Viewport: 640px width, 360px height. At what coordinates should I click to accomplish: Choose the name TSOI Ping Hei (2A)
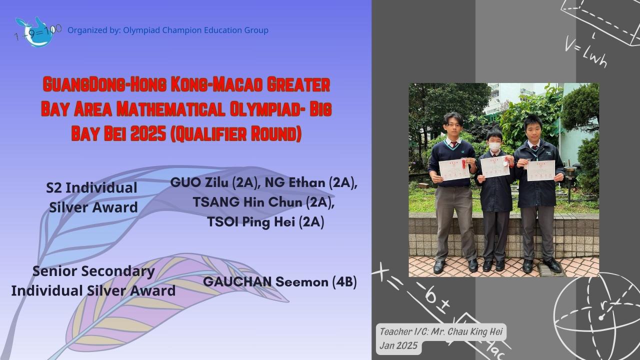pyautogui.click(x=265, y=222)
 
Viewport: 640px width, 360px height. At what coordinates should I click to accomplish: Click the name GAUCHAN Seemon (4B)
pyautogui.click(x=279, y=281)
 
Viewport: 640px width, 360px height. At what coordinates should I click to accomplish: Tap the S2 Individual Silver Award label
pyautogui.click(x=92, y=197)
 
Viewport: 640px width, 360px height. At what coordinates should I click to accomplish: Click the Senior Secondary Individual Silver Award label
pyautogui.click(x=93, y=280)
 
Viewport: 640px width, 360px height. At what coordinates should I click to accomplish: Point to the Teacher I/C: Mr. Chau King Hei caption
pyautogui.click(x=442, y=331)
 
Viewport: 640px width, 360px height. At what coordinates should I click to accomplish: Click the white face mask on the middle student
pyautogui.click(x=494, y=147)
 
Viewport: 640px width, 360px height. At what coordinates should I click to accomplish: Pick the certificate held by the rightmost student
pyautogui.click(x=540, y=170)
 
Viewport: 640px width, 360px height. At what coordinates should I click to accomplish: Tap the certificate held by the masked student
pyautogui.click(x=494, y=167)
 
